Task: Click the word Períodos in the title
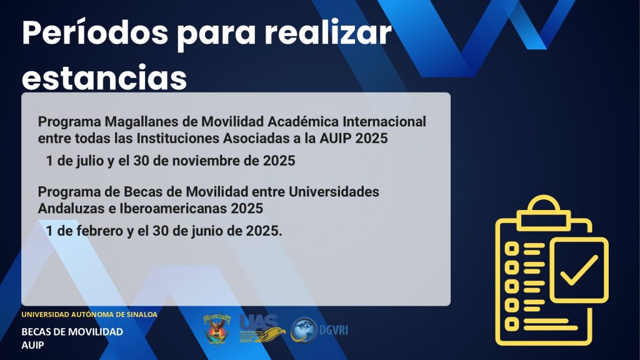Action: pos(95,32)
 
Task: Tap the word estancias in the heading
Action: pos(104,77)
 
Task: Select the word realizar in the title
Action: pos(328,32)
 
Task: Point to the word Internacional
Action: pos(384,122)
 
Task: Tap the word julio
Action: pos(90,161)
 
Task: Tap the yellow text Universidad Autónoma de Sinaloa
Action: pos(89,315)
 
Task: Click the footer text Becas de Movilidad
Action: pos(72,332)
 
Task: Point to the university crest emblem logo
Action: pos(217,329)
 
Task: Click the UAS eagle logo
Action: pos(262,329)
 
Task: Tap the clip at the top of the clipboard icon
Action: pos(543,213)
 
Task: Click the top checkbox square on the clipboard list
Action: pos(512,249)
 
